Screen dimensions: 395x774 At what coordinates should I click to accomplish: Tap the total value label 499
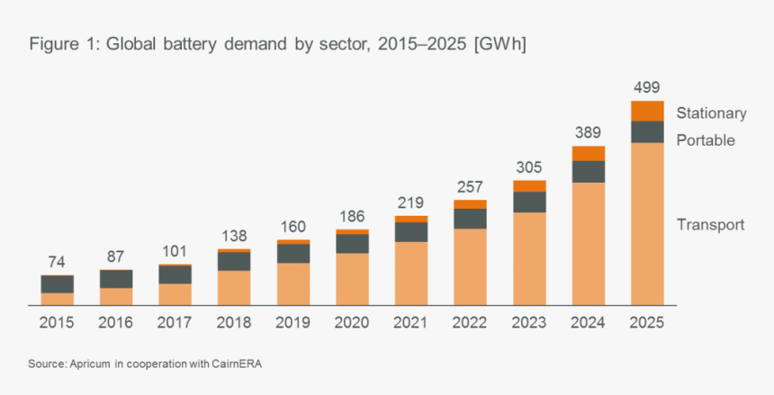(646, 87)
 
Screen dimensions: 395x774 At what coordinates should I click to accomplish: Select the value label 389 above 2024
(588, 132)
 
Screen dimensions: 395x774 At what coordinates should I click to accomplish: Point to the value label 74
(57, 262)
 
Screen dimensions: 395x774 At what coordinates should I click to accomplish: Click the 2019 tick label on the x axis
(292, 322)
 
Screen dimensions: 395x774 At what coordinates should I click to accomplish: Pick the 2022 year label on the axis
(470, 322)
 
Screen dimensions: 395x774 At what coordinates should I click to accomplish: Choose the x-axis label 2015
(57, 322)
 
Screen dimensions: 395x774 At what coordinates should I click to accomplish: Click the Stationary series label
(711, 113)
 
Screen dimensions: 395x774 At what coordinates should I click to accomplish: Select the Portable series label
(706, 140)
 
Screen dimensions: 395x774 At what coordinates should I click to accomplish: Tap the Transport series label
(710, 225)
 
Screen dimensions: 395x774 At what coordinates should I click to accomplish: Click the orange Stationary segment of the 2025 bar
(647, 111)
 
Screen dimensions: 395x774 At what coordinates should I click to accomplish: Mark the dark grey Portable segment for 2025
(647, 132)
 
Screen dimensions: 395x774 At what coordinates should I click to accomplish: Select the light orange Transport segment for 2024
(588, 243)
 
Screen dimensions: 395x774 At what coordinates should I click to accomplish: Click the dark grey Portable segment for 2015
(57, 284)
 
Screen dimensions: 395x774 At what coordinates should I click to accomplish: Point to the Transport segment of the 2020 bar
(352, 279)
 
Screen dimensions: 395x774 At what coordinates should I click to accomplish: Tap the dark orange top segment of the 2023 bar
(529, 186)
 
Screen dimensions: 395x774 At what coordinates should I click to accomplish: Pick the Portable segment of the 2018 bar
(234, 261)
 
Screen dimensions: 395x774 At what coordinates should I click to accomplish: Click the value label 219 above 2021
(410, 202)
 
